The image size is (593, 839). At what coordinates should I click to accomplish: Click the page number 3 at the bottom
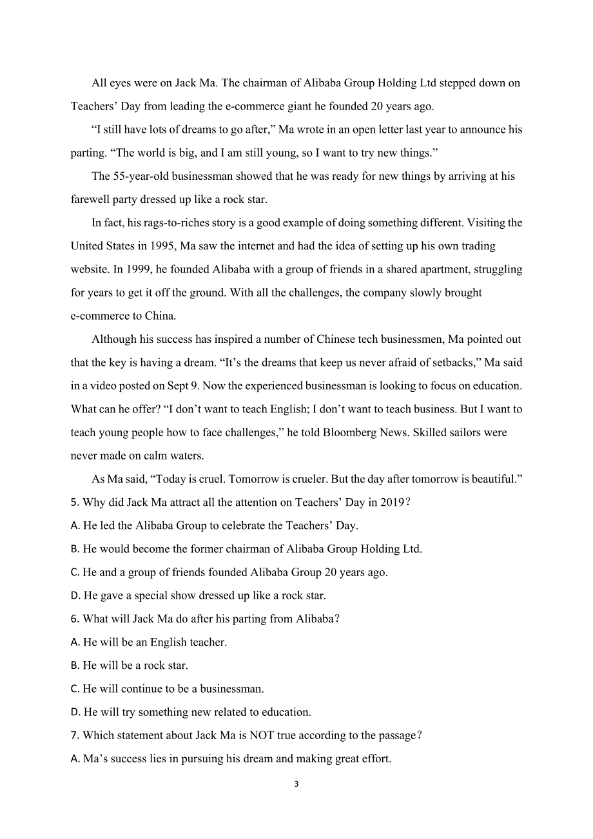296,784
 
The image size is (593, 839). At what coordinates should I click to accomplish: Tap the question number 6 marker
74,619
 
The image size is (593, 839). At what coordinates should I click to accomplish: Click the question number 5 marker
74,502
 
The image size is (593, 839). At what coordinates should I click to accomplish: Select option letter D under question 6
75,712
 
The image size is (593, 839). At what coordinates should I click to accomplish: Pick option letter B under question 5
74,549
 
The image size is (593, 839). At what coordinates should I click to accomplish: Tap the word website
91,269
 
